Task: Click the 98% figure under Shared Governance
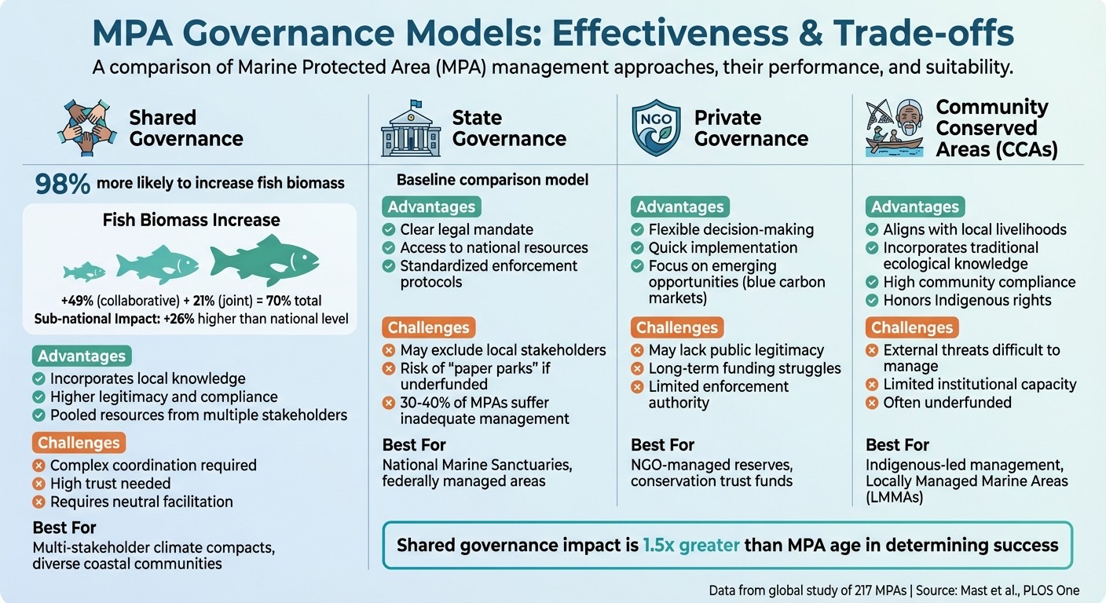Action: pos(62,183)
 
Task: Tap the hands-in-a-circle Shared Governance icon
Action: pos(86,129)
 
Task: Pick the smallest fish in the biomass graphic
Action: pos(84,272)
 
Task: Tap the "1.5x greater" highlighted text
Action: pos(691,545)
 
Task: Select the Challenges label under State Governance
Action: pos(428,327)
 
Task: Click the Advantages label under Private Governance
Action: pos(679,207)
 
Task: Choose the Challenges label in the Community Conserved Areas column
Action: pos(912,327)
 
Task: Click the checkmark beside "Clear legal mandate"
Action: pos(389,230)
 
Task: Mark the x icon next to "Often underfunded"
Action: pos(872,403)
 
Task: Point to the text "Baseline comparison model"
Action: pos(492,180)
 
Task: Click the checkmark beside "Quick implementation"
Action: pos(638,248)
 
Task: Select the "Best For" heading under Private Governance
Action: pos(662,445)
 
